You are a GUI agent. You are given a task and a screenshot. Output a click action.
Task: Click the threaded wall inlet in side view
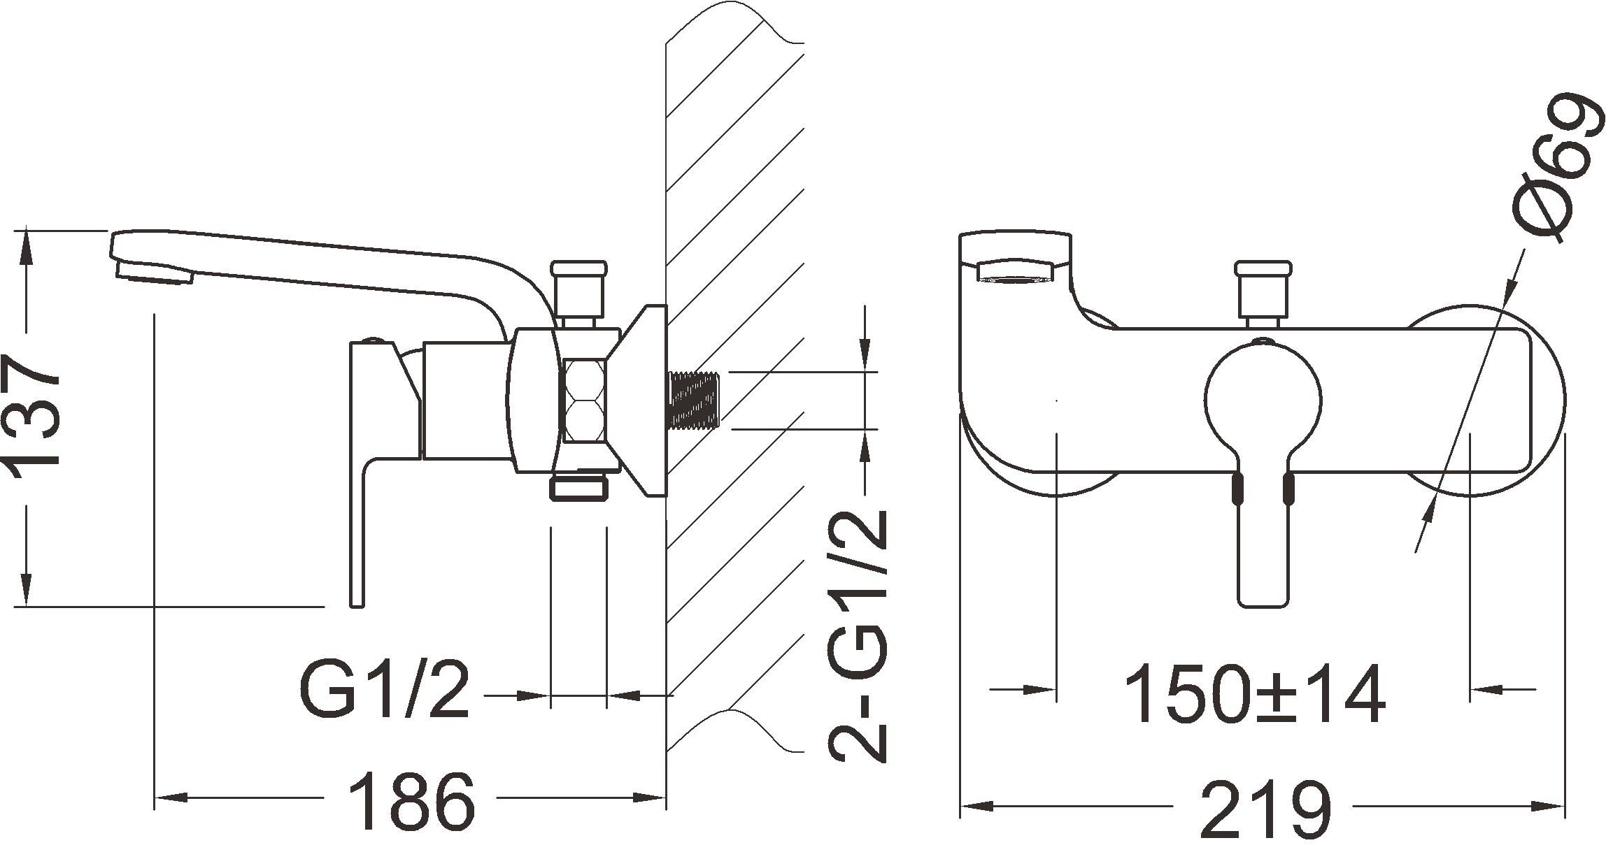[695, 399]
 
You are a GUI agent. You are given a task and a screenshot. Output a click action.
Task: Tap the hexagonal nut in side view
[586, 400]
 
